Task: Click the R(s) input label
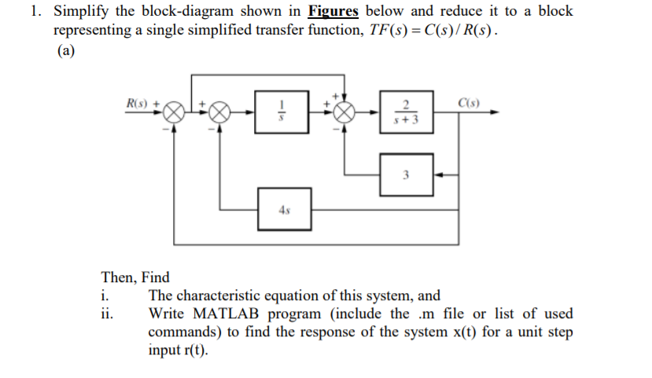pyautogui.click(x=138, y=103)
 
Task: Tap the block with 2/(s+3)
pyautogui.click(x=406, y=113)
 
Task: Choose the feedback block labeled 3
pyautogui.click(x=406, y=175)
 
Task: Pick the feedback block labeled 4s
pyautogui.click(x=285, y=210)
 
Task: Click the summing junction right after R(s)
pyautogui.click(x=175, y=113)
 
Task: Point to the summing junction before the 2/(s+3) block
pyautogui.click(x=344, y=113)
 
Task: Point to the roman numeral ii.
pyautogui.click(x=107, y=314)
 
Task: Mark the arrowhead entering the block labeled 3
pyautogui.click(x=437, y=175)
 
